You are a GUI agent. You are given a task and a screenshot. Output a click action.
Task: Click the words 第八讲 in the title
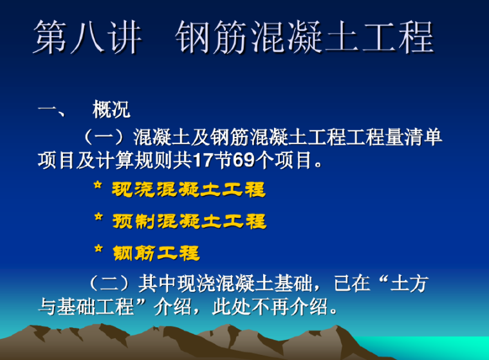88,38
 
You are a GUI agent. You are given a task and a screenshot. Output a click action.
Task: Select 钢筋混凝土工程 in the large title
304,38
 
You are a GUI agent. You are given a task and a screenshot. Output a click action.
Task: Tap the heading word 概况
111,110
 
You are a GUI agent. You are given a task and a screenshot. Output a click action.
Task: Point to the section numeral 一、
51,110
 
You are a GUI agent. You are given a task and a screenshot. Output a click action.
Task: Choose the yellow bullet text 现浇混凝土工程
189,190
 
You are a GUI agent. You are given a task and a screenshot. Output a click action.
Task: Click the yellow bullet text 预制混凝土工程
189,221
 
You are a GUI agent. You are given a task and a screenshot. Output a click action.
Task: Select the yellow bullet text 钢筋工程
156,253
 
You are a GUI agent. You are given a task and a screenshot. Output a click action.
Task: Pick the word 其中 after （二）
154,283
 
